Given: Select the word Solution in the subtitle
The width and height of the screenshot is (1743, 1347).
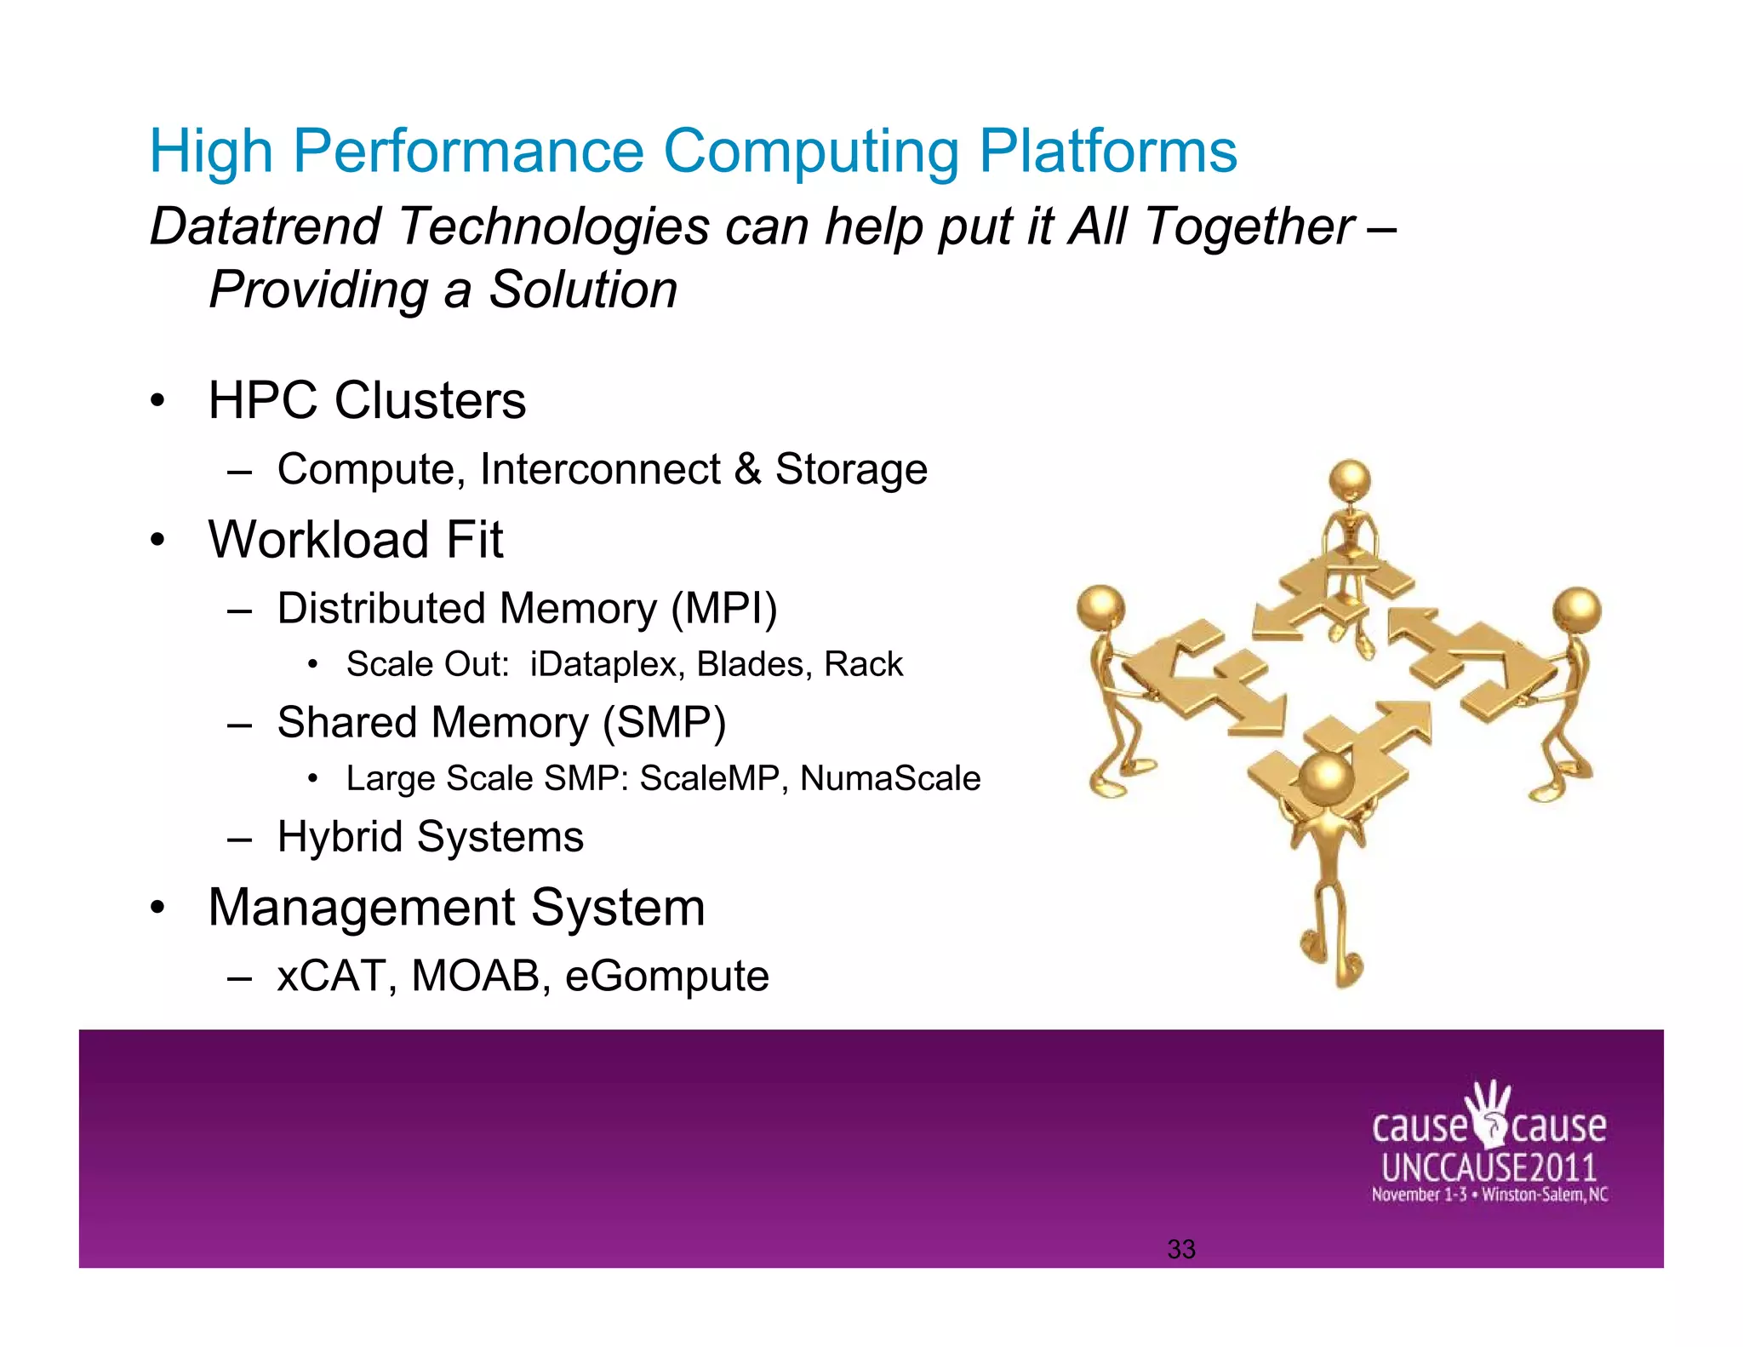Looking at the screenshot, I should coord(583,290).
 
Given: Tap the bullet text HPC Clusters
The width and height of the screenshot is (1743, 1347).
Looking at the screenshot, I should coord(367,400).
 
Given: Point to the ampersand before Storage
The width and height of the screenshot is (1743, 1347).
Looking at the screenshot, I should coord(747,469).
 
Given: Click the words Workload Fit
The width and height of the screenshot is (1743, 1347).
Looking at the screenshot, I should coord(356,540).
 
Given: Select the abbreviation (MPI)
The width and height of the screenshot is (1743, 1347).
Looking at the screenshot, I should coord(723,609).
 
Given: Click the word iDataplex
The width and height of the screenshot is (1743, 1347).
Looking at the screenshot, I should coord(606,664).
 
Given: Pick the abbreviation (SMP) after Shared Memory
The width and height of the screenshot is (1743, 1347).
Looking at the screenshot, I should coord(664,723).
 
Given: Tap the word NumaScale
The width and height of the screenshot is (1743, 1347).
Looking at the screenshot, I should coord(890,778).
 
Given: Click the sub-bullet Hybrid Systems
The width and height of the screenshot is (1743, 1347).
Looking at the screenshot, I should coord(430,836).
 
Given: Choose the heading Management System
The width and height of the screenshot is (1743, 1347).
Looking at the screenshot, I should coord(456,908).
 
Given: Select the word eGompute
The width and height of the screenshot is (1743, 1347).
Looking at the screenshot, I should coord(666,976).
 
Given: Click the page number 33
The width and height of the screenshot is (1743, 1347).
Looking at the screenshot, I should coord(1181,1249).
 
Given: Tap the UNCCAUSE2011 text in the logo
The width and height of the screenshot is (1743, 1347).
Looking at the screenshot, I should coord(1489,1167).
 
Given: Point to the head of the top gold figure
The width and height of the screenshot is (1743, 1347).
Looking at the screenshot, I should coord(1350,479).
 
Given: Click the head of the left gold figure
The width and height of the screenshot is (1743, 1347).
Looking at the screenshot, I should coord(1100,607).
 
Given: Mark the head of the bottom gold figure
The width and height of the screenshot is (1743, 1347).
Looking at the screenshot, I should coord(1326,777).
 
